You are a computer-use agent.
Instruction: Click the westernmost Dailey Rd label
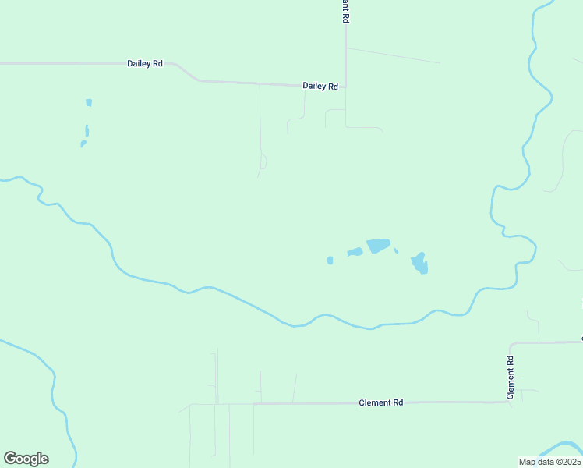click(x=144, y=63)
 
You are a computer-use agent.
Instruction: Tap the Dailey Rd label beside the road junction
click(x=320, y=87)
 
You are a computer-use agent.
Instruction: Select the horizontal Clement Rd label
click(x=380, y=402)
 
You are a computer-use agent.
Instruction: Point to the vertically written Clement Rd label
click(x=511, y=378)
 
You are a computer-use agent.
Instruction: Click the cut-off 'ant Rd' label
click(x=344, y=11)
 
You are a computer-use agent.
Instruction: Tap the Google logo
click(x=26, y=459)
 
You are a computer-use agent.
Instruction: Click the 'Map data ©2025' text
click(x=549, y=462)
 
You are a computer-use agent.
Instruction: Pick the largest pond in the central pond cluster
click(x=378, y=246)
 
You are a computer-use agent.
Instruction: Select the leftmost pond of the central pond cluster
click(x=330, y=260)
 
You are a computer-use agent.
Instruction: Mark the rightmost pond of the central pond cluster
click(x=420, y=264)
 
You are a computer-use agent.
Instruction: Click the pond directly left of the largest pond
click(x=355, y=252)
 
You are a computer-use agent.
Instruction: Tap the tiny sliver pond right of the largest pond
click(x=396, y=250)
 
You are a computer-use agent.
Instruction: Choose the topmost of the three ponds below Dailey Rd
click(x=89, y=102)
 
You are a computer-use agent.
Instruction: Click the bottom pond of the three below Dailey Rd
click(x=83, y=144)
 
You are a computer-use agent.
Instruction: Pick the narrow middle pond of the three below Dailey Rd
click(x=87, y=130)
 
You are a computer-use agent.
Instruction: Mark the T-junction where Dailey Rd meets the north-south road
click(x=344, y=87)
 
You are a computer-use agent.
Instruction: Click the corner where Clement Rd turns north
click(x=511, y=344)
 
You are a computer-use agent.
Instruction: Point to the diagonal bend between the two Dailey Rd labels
click(x=187, y=72)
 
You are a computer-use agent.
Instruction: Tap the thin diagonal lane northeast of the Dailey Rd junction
click(x=393, y=55)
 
